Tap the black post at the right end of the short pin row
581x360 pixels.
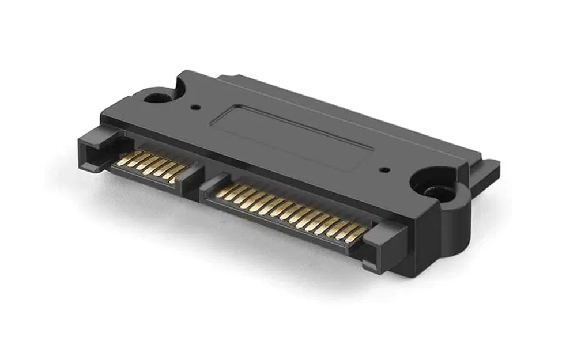pyautogui.click(x=190, y=176)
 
